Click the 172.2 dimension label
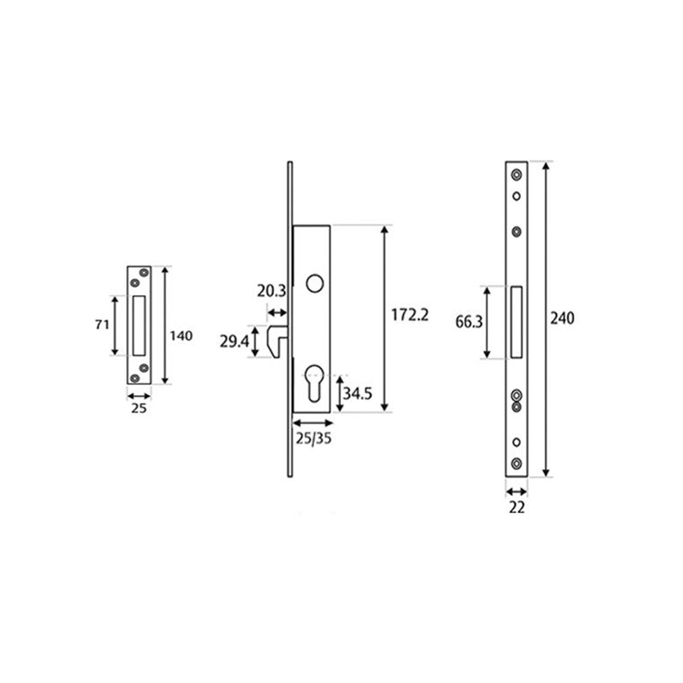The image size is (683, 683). point(409,315)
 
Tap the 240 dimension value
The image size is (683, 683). point(562,318)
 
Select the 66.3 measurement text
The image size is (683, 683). point(470,322)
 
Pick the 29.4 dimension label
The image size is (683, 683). point(234,341)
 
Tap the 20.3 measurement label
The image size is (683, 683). point(271,291)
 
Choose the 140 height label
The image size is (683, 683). point(182,336)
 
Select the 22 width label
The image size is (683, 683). point(517,508)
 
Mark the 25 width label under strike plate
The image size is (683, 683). point(138,408)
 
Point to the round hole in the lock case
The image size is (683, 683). point(312,283)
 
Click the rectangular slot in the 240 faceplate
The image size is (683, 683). point(517,322)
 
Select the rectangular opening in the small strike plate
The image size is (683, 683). point(139,325)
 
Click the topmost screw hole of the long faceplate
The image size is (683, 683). point(517,175)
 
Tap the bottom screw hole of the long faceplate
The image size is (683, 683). point(517,463)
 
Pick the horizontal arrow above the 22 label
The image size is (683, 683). point(517,491)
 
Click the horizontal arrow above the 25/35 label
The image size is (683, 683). point(312,423)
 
